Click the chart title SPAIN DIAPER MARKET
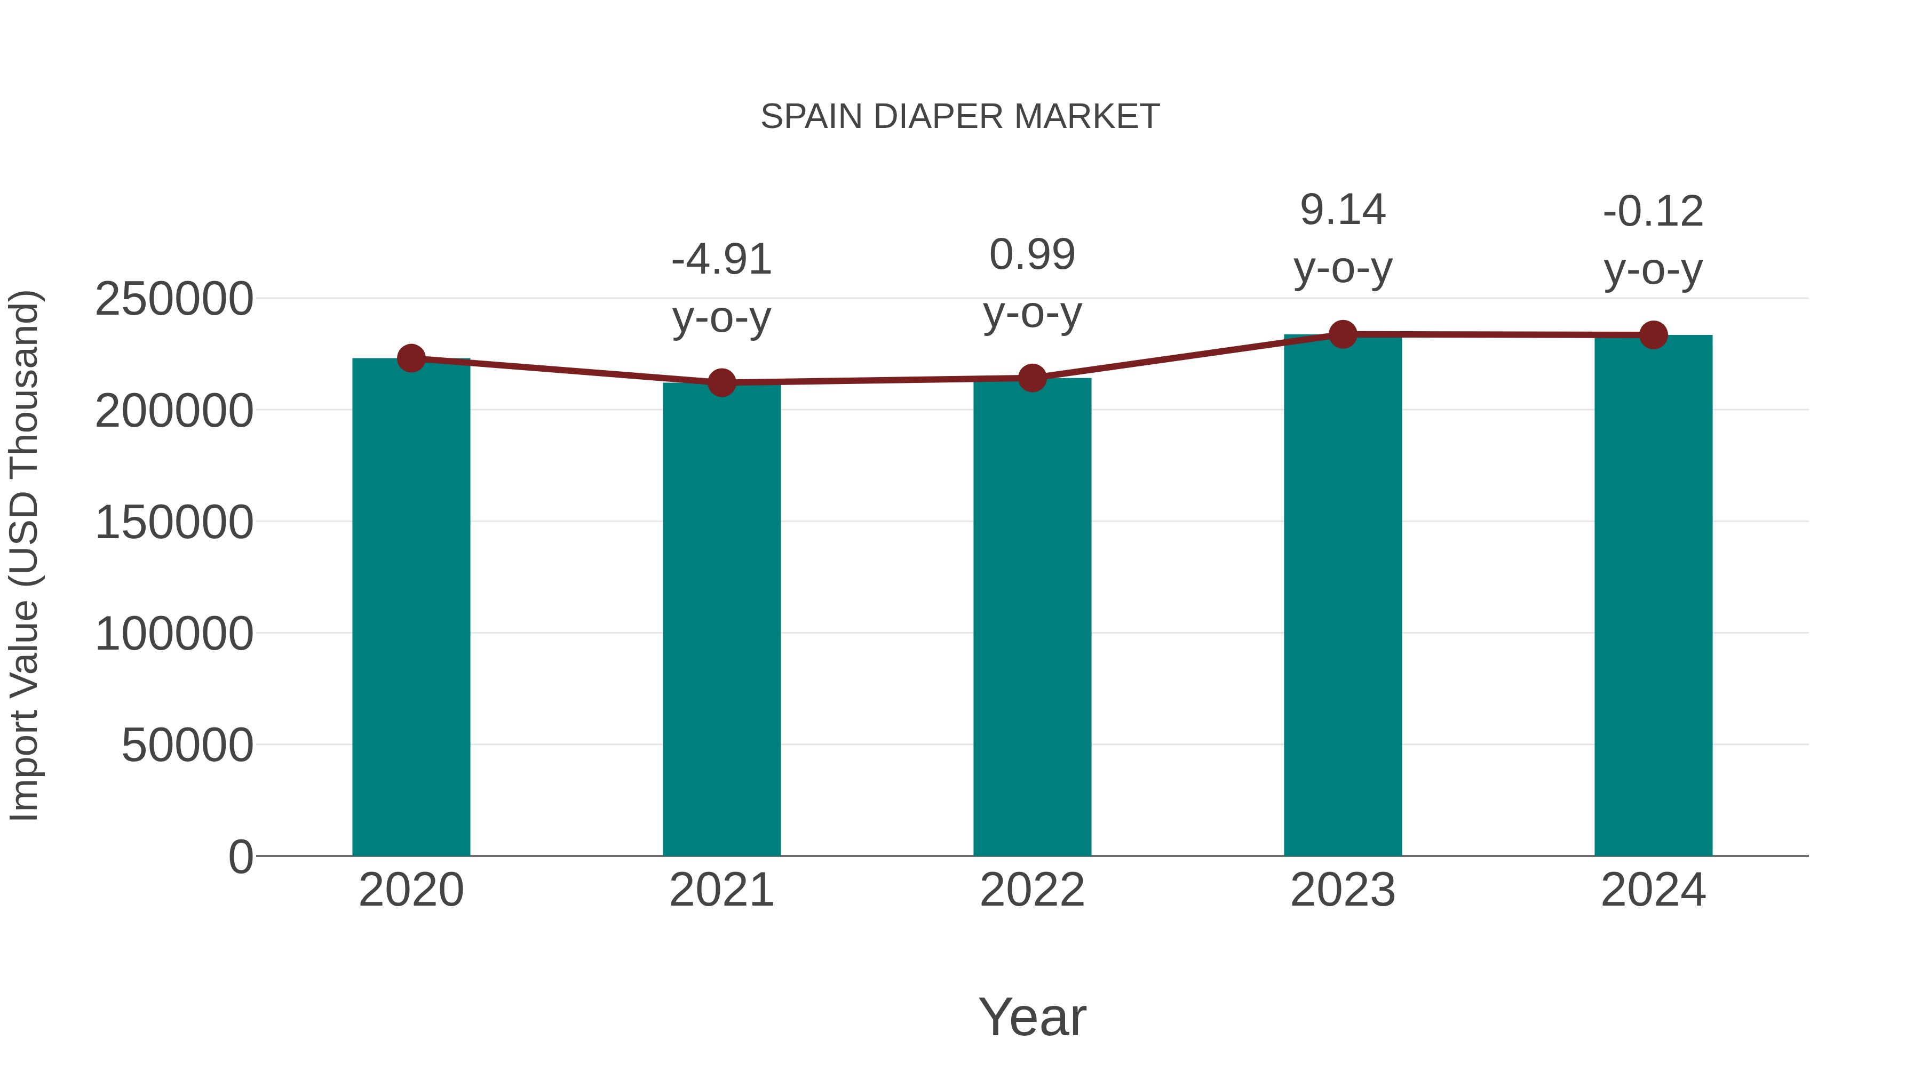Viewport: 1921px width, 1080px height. click(x=960, y=117)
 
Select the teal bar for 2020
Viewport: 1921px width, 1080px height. click(x=411, y=607)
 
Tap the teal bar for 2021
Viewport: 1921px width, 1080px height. click(x=721, y=619)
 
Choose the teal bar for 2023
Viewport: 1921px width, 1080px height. click(x=1343, y=596)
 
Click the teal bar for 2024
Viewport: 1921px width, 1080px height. click(x=1653, y=596)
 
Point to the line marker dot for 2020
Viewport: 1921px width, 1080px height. click(x=411, y=358)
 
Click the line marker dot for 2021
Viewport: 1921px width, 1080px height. click(x=721, y=383)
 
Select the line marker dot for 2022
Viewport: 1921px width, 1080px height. click(x=1032, y=379)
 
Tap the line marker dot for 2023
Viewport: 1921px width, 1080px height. click(x=1343, y=334)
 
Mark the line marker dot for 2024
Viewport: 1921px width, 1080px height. click(x=1653, y=335)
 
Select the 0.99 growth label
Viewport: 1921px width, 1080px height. click(x=1032, y=255)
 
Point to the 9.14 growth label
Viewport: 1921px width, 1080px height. click(x=1343, y=210)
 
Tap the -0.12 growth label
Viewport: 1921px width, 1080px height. click(x=1653, y=212)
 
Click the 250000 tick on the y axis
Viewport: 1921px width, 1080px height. click(x=174, y=300)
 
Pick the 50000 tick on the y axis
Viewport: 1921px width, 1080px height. click(x=187, y=746)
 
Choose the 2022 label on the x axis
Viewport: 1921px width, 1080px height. click(x=1032, y=890)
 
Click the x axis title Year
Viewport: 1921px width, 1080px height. click(x=1032, y=1017)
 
